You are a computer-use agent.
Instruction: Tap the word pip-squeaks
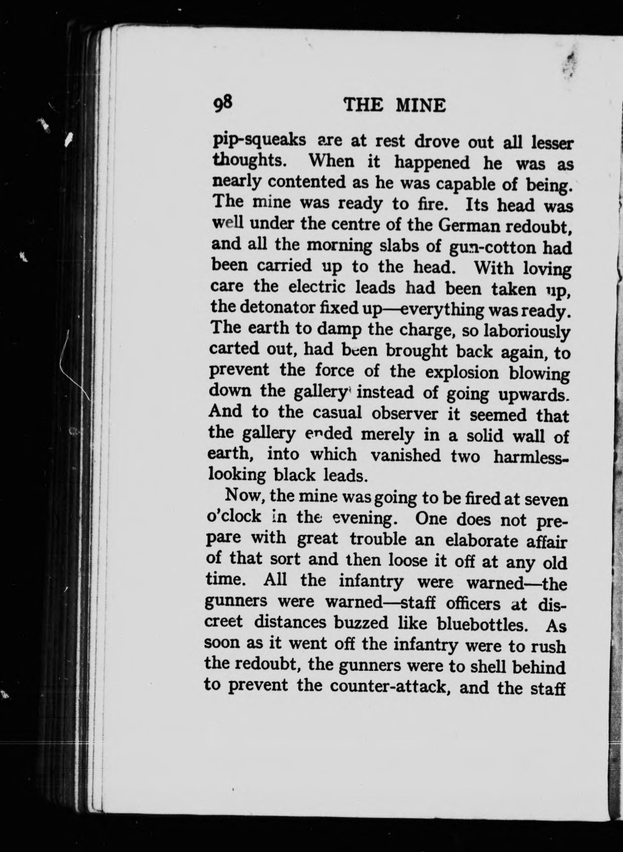(x=259, y=140)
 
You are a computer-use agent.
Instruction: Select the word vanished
(x=405, y=455)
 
